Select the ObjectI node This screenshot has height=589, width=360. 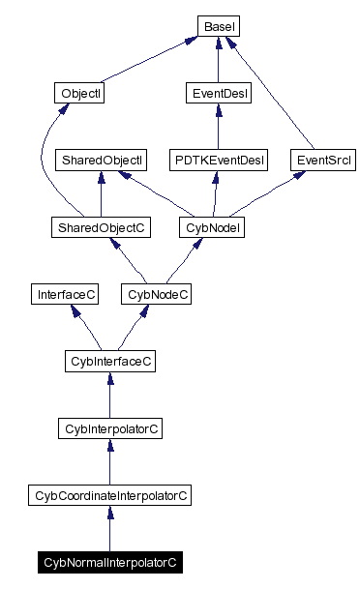79,94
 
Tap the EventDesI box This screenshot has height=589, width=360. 217,94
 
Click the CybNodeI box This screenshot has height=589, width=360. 211,227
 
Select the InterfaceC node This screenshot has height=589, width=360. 64,293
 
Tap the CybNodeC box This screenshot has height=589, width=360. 156,293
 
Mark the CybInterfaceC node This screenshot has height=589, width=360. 109,361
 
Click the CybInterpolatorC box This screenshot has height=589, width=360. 109,427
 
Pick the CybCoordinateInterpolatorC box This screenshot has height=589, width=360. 109,495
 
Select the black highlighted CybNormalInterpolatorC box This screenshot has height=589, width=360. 109,561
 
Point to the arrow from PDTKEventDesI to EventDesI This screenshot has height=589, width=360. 217,127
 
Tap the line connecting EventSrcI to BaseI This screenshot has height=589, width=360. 281,97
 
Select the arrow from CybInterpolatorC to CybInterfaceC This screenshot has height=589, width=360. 109,395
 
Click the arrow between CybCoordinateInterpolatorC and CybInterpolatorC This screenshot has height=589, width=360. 109,461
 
